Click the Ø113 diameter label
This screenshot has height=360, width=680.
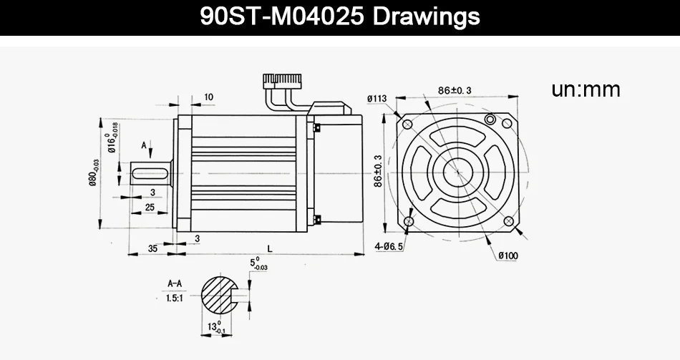click(x=377, y=99)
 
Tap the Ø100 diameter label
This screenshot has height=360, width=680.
click(x=507, y=256)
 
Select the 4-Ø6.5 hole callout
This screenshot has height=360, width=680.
click(x=389, y=246)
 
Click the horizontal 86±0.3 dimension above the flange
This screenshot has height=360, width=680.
click(x=454, y=90)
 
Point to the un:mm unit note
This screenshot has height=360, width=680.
click(x=586, y=89)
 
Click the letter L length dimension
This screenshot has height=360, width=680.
click(x=270, y=248)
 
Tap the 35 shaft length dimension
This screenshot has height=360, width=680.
click(x=152, y=248)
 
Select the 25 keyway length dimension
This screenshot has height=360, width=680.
click(x=150, y=208)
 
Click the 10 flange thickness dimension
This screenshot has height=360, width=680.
click(x=208, y=97)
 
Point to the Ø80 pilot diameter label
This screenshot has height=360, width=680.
click(x=94, y=172)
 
